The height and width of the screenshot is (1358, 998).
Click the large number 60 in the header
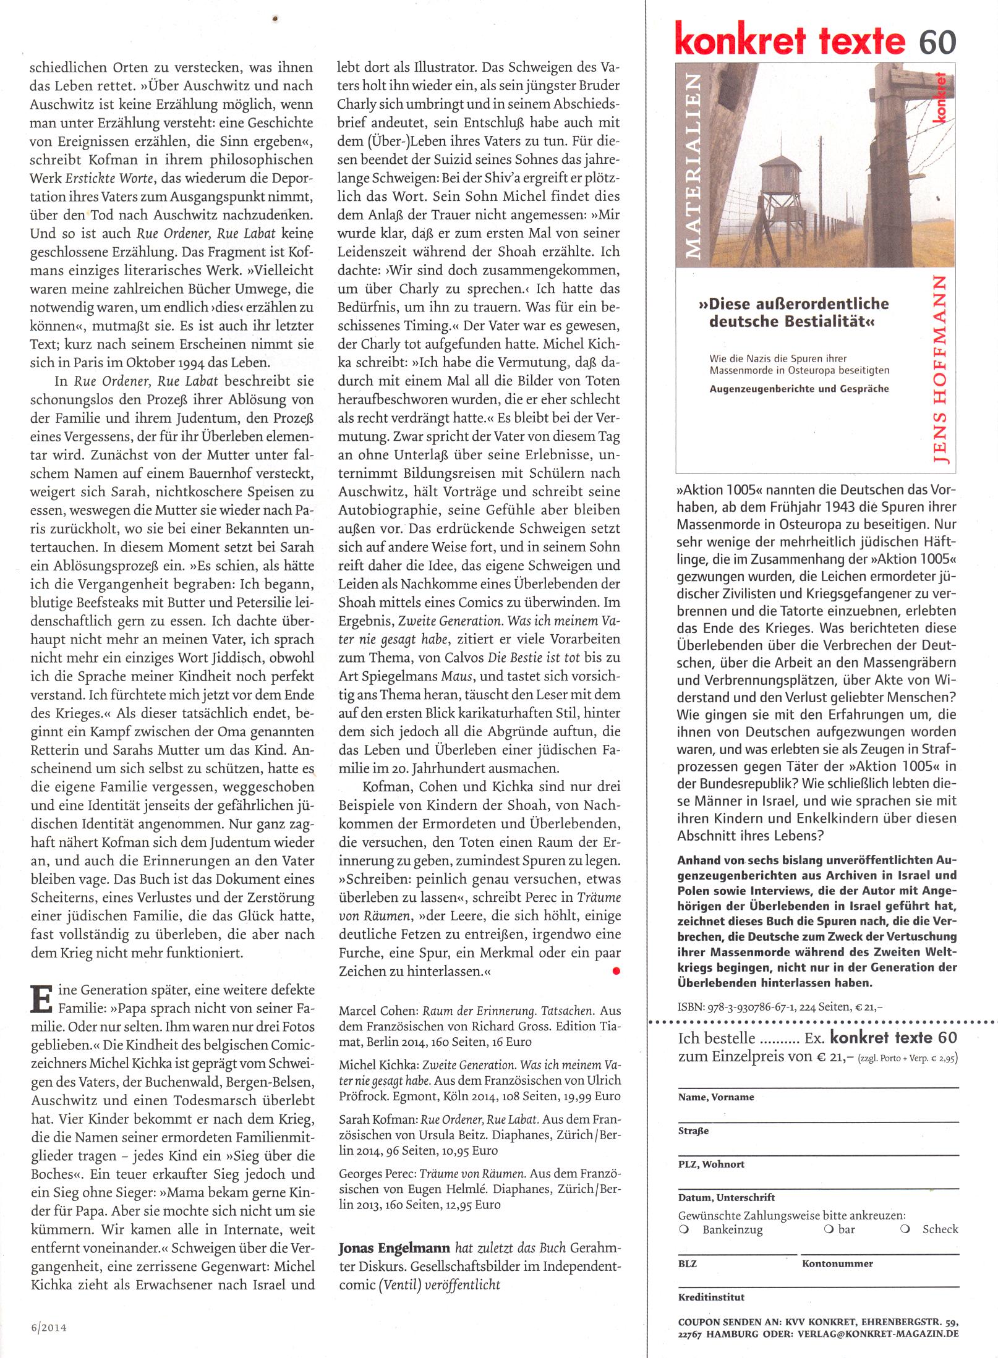pos(937,41)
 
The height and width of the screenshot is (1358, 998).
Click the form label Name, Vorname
pos(716,1097)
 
